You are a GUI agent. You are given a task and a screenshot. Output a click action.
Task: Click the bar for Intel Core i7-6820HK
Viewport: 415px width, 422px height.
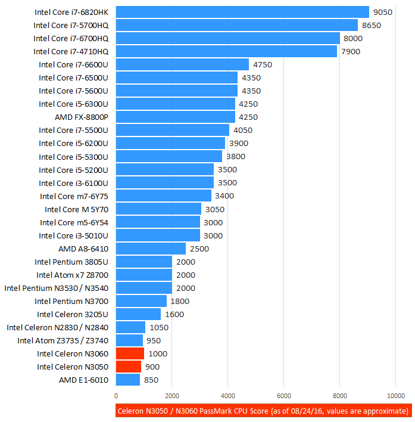click(x=242, y=12)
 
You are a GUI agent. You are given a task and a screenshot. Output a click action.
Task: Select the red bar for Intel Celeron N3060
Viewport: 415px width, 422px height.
click(x=130, y=353)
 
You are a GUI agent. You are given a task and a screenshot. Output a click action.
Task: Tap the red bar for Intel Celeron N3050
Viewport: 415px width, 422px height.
click(x=129, y=367)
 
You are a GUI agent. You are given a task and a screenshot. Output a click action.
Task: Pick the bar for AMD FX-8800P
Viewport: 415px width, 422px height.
click(x=184, y=117)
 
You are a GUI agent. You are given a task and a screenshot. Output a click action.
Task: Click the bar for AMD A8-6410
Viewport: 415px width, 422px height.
click(x=151, y=248)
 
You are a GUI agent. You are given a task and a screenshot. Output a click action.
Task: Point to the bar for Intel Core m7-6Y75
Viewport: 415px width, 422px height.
click(x=164, y=196)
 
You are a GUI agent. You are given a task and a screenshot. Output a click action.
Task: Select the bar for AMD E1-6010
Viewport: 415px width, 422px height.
click(x=128, y=380)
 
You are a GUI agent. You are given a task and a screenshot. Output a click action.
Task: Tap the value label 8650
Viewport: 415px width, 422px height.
click(x=372, y=25)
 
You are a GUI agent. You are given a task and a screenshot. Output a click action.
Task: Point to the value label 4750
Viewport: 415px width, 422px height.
click(x=263, y=64)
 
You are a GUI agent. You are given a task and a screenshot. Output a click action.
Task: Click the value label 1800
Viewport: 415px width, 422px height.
click(x=180, y=301)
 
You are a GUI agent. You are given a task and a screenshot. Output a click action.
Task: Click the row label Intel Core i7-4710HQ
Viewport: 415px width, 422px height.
click(x=71, y=51)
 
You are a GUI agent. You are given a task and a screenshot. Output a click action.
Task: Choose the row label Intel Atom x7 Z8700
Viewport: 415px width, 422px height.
click(x=72, y=275)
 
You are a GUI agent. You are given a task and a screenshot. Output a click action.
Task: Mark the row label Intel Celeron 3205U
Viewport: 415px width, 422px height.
click(x=73, y=314)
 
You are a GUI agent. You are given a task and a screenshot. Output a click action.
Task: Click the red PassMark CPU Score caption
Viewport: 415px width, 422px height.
click(x=263, y=411)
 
